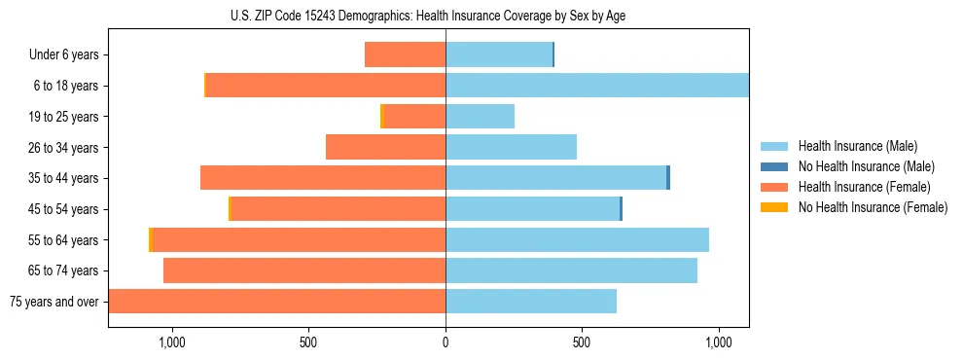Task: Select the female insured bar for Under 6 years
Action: [x=405, y=54]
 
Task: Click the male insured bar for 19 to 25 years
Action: [x=480, y=117]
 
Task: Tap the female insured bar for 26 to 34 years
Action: [x=385, y=147]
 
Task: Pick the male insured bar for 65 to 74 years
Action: [x=571, y=270]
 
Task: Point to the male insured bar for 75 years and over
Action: [x=531, y=302]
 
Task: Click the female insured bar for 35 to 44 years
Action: [x=323, y=178]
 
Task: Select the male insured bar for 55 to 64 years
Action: [x=577, y=239]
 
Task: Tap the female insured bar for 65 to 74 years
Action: [x=304, y=270]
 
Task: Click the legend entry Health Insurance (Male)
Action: [x=857, y=146]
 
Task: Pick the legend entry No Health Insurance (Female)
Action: [x=873, y=207]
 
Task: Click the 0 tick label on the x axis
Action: [x=446, y=342]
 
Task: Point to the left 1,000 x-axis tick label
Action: [x=171, y=342]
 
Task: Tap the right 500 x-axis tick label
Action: [x=582, y=342]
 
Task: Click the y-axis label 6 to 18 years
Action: [x=66, y=86]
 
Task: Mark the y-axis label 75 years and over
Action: [x=53, y=302]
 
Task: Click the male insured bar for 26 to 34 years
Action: [x=511, y=147]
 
